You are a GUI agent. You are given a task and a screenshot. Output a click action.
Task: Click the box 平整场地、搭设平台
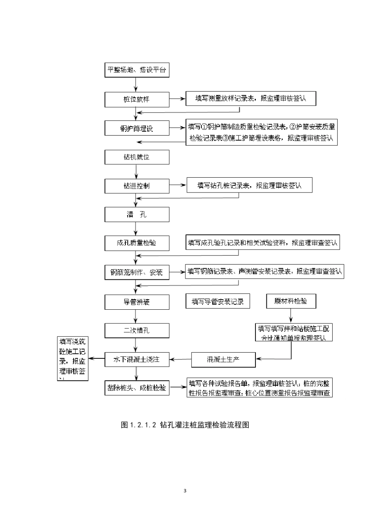tap(137, 70)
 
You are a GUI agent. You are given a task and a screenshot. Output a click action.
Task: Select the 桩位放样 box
tap(137, 99)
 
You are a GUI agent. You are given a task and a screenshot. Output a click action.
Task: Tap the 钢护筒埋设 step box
tap(137, 128)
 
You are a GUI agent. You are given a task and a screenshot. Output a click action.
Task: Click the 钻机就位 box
tap(137, 157)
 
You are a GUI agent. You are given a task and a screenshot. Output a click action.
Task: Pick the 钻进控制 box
tap(137, 186)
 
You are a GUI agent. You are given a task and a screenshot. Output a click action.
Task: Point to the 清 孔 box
tap(137, 215)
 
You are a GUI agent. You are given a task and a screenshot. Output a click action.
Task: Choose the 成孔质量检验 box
tap(137, 243)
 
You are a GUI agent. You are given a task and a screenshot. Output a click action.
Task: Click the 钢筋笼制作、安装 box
tap(137, 272)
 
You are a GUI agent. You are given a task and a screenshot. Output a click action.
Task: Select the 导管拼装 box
tap(137, 302)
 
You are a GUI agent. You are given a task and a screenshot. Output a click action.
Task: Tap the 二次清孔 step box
tap(137, 330)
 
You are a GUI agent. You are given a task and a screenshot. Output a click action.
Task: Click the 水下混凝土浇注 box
tap(137, 359)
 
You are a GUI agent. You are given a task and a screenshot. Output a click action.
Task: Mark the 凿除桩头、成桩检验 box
tap(137, 388)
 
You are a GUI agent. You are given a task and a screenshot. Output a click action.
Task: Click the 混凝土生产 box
tap(223, 359)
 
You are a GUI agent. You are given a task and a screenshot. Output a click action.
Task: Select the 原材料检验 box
tap(291, 301)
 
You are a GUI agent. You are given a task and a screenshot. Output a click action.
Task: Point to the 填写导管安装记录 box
tap(218, 301)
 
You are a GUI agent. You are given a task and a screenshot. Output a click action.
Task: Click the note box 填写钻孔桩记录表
tap(249, 185)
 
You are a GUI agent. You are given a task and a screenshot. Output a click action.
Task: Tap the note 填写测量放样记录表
tap(250, 99)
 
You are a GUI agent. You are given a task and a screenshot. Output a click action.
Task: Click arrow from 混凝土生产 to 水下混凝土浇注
tap(180, 359)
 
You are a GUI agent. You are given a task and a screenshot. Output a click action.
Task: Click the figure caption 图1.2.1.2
tap(185, 425)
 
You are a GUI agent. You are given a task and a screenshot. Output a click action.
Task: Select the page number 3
tap(185, 490)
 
